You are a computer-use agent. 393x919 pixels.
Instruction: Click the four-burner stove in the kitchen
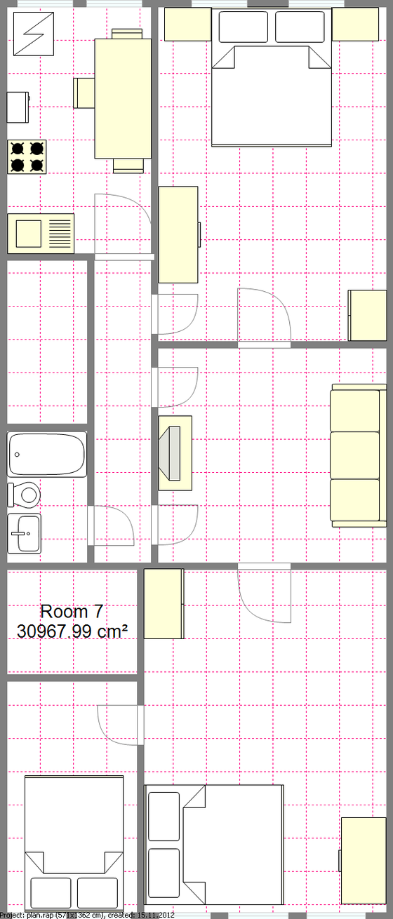[27, 156]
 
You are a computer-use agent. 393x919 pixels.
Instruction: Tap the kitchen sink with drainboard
[41, 233]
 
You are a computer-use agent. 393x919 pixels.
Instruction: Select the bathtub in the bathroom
[47, 454]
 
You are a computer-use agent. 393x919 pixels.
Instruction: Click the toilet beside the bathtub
[24, 495]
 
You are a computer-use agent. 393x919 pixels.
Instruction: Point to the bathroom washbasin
[24, 533]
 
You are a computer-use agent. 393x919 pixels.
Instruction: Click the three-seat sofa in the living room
[359, 455]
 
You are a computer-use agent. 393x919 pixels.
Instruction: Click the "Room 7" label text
[72, 612]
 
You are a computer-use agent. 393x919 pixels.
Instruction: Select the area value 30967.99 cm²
[72, 631]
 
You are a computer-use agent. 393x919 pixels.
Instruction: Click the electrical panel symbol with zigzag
[34, 34]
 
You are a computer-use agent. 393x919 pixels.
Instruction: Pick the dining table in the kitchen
[123, 98]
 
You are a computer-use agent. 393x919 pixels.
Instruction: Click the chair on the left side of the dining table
[84, 93]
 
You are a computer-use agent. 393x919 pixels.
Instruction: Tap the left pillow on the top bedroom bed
[244, 27]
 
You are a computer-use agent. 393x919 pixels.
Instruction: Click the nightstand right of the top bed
[355, 25]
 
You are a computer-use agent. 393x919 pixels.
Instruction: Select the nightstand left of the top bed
[188, 25]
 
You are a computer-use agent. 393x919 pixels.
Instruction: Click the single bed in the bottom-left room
[74, 843]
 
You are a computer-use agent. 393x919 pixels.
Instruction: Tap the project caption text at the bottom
[88, 915]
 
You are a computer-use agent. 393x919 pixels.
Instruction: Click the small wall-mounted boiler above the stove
[18, 107]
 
